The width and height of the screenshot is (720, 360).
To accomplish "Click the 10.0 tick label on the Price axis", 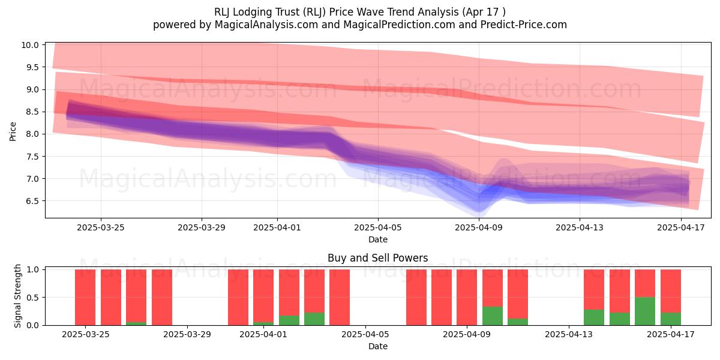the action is tap(30, 45).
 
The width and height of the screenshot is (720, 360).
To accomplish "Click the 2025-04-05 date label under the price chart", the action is tap(377, 227).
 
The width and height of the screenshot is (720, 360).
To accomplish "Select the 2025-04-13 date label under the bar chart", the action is tap(569, 335).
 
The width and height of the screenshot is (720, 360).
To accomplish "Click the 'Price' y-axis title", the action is tap(13, 131).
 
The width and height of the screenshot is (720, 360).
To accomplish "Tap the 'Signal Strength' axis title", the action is tap(17, 296).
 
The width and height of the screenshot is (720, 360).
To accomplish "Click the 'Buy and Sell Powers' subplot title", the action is tap(377, 258).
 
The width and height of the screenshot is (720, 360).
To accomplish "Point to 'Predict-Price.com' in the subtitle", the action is tap(524, 25).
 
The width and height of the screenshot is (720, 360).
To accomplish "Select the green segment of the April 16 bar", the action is tap(645, 311).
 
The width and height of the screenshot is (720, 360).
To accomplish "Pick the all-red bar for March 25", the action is tap(85, 298).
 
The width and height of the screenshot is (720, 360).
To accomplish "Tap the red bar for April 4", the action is tap(340, 298).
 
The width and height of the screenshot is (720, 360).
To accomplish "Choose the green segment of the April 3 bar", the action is tap(314, 319).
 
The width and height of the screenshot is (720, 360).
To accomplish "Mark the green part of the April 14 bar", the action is tap(594, 317).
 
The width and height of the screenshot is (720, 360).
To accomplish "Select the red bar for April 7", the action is tap(416, 298).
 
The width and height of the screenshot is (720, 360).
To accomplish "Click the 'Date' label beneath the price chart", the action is tap(377, 239).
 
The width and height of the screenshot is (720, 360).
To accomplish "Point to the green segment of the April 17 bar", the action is tap(671, 319).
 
